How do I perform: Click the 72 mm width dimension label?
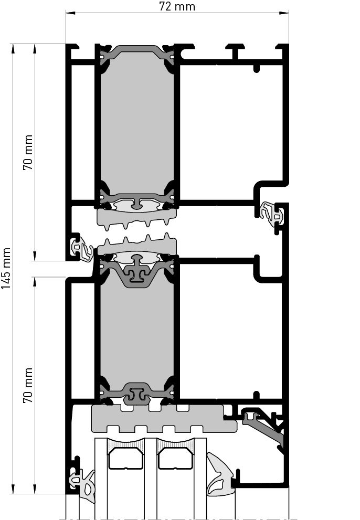(x=177, y=6)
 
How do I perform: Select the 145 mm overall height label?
(x=6, y=268)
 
